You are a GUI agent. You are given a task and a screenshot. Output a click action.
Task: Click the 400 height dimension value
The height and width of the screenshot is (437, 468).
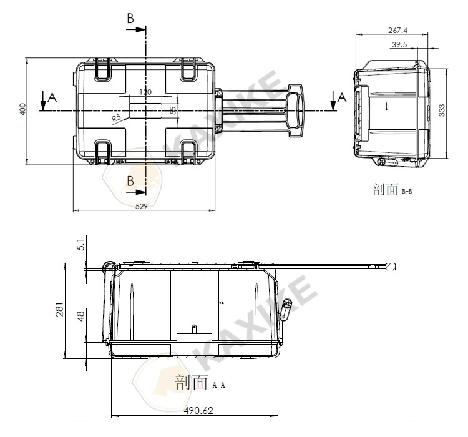22,110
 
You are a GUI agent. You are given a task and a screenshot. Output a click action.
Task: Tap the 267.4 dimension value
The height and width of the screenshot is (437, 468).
397,30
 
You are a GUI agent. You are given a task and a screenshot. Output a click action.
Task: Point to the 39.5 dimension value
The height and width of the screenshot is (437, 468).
400,44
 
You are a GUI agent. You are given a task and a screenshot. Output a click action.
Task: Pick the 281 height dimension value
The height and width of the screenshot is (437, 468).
59,310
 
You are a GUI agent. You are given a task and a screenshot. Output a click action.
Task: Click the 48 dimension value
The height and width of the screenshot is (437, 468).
79,317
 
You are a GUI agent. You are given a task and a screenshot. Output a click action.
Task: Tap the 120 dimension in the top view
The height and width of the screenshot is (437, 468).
145,92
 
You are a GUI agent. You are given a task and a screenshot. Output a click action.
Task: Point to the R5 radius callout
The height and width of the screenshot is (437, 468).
116,117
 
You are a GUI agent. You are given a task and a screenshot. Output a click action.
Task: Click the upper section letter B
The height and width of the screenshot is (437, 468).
130,19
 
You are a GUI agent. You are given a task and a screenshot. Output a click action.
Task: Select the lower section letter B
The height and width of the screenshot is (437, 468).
130,181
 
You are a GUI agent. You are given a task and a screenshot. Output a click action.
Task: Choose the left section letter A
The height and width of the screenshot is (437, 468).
52,97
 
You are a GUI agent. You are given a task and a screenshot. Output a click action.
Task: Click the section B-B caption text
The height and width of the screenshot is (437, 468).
392,190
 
